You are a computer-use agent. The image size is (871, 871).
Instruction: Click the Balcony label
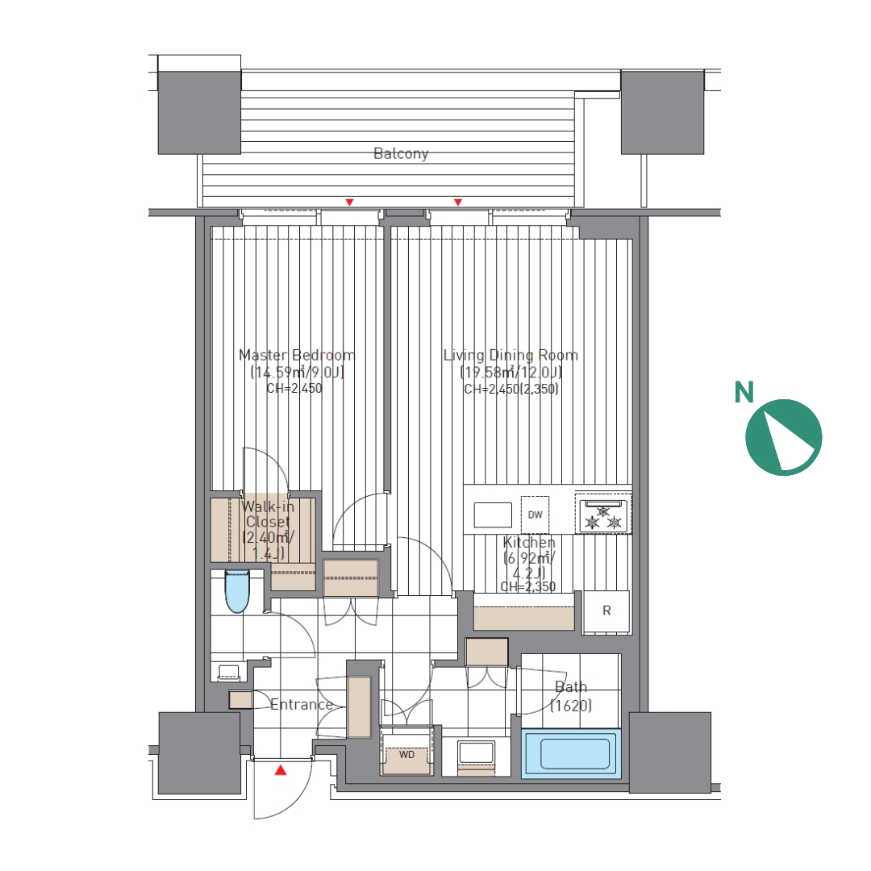tap(401, 153)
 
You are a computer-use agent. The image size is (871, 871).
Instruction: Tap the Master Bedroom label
tap(297, 355)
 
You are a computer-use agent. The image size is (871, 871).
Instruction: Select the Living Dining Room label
tap(511, 355)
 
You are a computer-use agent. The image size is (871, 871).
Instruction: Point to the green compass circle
tap(783, 437)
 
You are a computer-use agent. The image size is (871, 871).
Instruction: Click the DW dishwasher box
tap(535, 515)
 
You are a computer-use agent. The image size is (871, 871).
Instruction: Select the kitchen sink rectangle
tap(493, 515)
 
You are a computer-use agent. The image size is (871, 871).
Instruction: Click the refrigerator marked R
tap(606, 611)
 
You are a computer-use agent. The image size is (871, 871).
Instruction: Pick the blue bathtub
tap(570, 753)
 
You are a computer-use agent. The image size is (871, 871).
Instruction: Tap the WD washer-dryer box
tap(406, 755)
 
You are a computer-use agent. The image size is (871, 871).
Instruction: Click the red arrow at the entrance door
tap(281, 770)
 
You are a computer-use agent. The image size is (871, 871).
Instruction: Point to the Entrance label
tap(302, 704)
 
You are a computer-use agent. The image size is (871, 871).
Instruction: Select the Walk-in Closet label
tap(268, 529)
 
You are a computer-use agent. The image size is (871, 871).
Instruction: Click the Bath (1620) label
tap(571, 697)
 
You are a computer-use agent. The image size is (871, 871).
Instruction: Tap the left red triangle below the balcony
tap(349, 202)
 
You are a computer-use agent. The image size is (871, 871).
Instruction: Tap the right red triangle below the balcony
tap(458, 202)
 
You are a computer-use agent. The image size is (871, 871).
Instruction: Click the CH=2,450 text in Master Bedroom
tap(294, 388)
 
